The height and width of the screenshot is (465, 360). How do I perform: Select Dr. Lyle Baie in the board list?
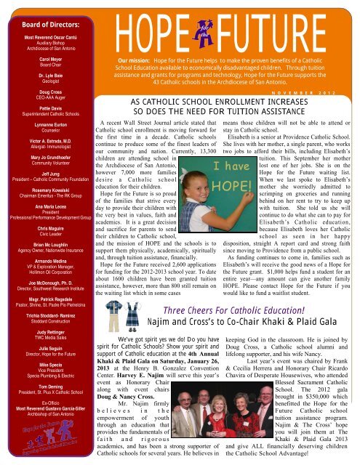coord(44,74)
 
